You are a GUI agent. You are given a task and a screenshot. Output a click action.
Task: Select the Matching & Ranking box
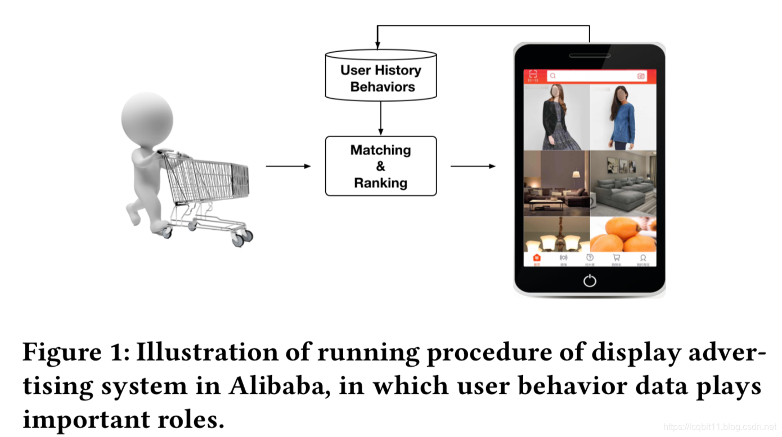tap(381, 166)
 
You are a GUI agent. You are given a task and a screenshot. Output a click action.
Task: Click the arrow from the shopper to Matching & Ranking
tap(288, 166)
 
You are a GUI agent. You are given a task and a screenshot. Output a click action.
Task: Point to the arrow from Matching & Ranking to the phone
tap(473, 166)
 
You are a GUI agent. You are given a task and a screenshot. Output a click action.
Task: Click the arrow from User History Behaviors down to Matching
tap(381, 118)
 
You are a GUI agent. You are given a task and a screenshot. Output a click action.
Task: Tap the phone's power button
tap(590, 280)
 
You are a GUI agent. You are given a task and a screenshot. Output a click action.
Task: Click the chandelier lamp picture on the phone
tap(556, 235)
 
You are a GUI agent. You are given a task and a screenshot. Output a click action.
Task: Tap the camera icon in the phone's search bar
tap(641, 76)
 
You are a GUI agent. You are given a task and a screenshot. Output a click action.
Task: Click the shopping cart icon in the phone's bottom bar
tap(617, 258)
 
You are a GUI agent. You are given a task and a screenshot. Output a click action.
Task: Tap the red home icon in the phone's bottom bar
tap(537, 258)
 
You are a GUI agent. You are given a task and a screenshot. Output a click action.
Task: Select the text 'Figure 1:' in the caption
tap(76, 353)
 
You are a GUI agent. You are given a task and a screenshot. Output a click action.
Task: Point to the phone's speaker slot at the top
tap(590, 56)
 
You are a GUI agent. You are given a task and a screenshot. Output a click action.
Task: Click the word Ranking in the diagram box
tap(381, 183)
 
